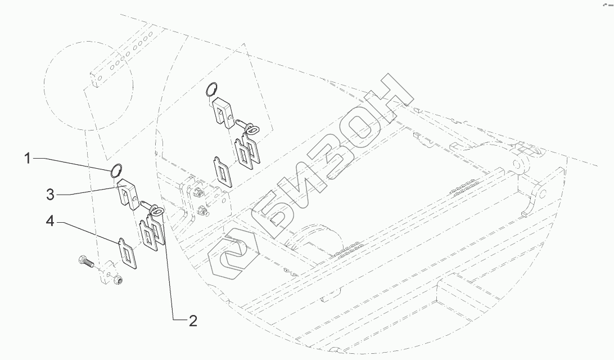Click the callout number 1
tap(27, 159)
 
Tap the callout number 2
tap(192, 321)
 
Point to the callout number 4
tap(50, 223)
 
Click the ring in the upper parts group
tap(211, 89)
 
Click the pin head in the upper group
tap(252, 130)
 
